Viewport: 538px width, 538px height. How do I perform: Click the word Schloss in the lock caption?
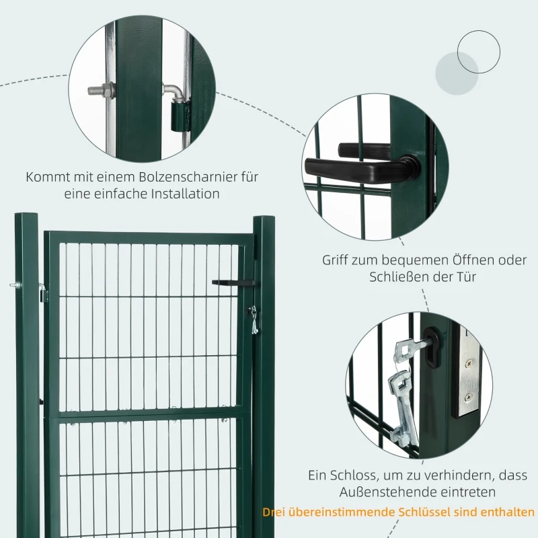pos(352,475)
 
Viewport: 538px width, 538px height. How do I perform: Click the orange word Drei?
pos(276,513)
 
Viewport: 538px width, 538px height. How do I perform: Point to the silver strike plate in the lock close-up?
pos(466,377)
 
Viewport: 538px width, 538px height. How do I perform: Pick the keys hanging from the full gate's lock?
pos(253,319)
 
